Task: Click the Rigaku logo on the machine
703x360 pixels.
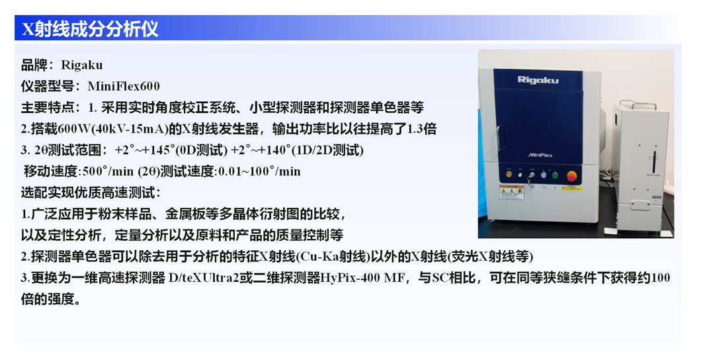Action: tap(538, 80)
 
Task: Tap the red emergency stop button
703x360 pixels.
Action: tap(572, 176)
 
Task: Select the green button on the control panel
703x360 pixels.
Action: tap(554, 175)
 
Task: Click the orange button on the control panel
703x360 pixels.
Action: tap(509, 174)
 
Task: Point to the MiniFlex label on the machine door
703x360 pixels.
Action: tap(540, 156)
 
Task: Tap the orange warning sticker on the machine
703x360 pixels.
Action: tap(512, 193)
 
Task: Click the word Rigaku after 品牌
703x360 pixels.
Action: tap(81, 65)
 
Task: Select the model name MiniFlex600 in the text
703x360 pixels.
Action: tap(124, 86)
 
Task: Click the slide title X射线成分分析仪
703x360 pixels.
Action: tap(90, 28)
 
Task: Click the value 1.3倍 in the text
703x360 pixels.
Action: tap(422, 129)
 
